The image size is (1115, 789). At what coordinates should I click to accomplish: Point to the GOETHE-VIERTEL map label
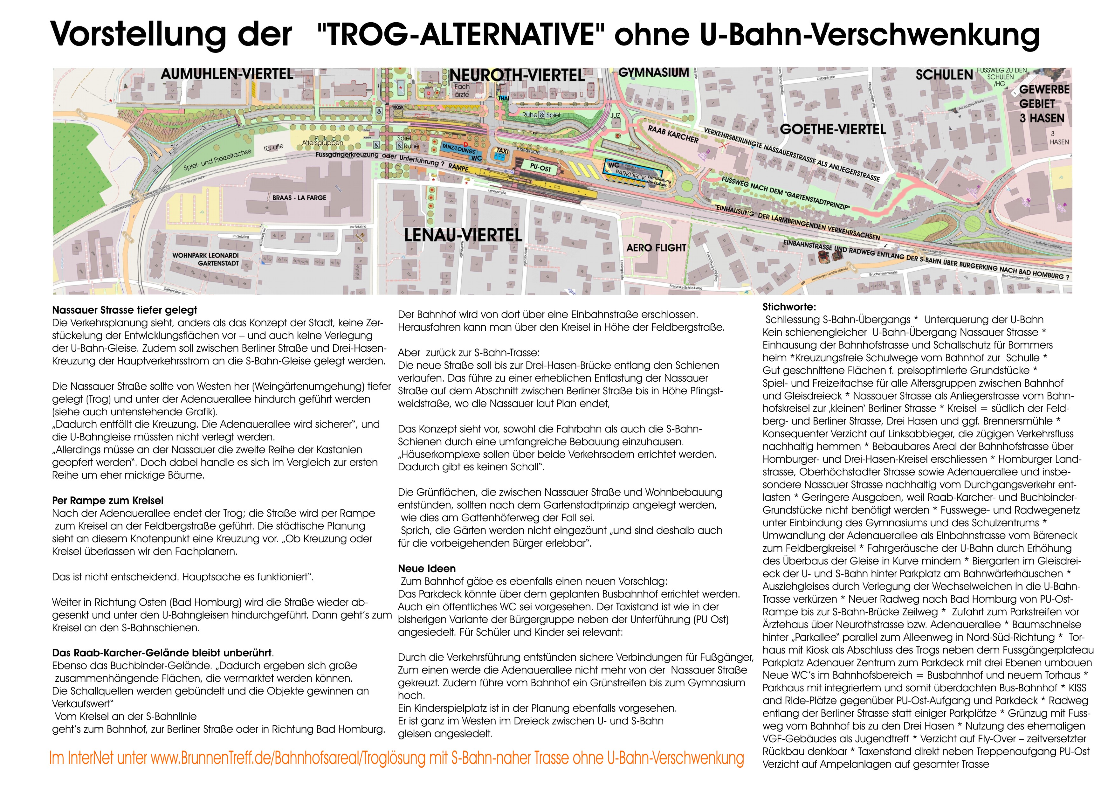tap(833, 129)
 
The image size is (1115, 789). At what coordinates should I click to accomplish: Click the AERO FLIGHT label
tap(656, 248)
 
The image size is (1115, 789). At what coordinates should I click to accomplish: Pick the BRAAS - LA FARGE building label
tap(299, 198)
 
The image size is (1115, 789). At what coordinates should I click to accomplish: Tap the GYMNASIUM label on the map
tap(654, 73)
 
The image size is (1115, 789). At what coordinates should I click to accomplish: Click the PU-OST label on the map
tap(540, 168)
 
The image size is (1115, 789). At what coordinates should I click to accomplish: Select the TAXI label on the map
tap(503, 151)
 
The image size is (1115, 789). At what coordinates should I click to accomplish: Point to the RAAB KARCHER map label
tap(673, 134)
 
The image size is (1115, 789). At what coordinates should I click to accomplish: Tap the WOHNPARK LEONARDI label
tap(205, 256)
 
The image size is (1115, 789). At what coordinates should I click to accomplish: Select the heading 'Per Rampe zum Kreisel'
tap(108, 501)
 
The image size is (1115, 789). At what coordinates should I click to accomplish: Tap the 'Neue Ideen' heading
tap(427, 568)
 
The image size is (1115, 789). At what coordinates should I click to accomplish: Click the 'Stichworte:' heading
tap(789, 307)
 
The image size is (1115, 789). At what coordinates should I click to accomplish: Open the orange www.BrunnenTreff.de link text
tap(396, 758)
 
